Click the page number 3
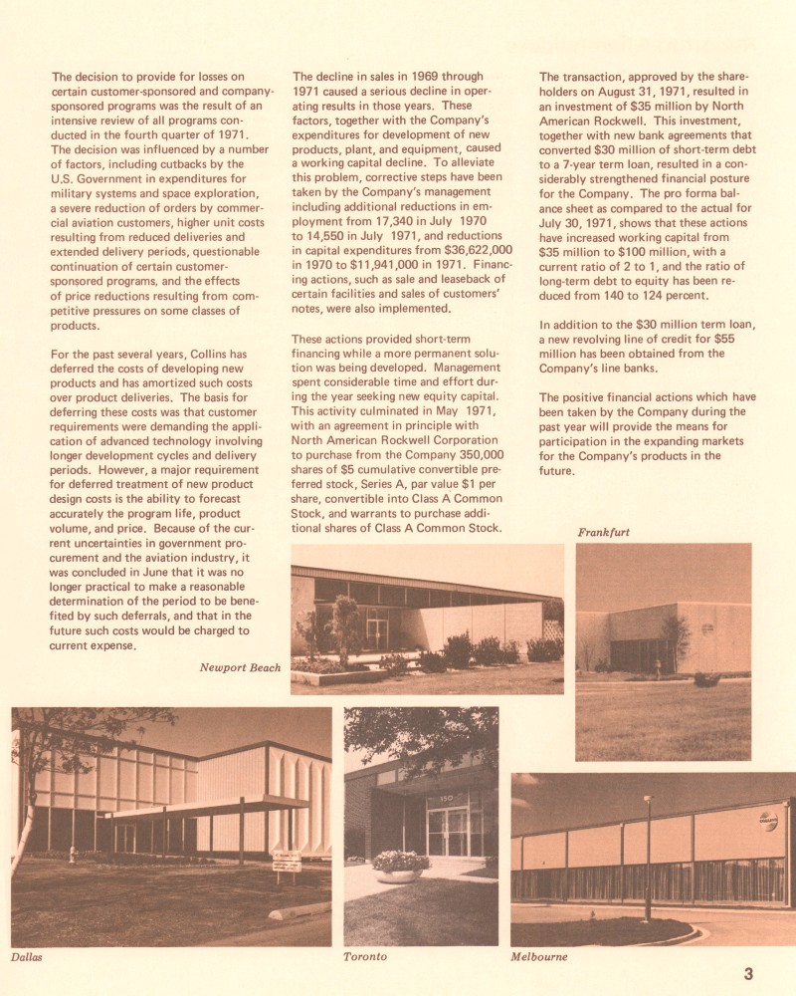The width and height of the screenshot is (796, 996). pos(748,973)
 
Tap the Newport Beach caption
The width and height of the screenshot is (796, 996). pos(240,667)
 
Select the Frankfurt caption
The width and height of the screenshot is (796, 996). pos(603,532)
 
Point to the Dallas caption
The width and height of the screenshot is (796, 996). pos(28,957)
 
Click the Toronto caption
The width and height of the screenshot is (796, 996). pos(364,957)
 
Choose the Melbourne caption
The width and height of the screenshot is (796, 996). pos(538,957)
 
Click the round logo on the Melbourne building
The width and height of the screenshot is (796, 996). pos(768,821)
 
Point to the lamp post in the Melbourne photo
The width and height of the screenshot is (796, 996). pos(648,857)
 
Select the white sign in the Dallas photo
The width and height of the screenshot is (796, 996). pos(287,862)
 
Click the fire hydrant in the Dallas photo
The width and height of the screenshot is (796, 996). pos(71,854)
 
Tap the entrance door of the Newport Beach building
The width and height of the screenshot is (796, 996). pos(377,632)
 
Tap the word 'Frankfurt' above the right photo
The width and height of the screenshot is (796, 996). pos(603,532)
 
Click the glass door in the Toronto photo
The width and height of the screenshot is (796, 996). pos(447,832)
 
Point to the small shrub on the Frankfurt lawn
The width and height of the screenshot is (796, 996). pos(705,679)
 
